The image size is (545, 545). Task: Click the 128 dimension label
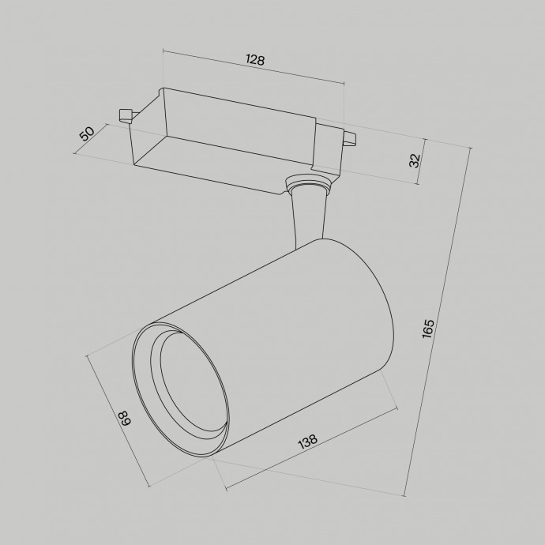254,60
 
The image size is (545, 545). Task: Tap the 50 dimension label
88,133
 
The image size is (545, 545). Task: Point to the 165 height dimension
428,327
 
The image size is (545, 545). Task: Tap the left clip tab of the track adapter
124,115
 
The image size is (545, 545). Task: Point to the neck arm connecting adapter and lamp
309,217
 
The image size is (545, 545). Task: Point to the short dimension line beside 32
422,161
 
